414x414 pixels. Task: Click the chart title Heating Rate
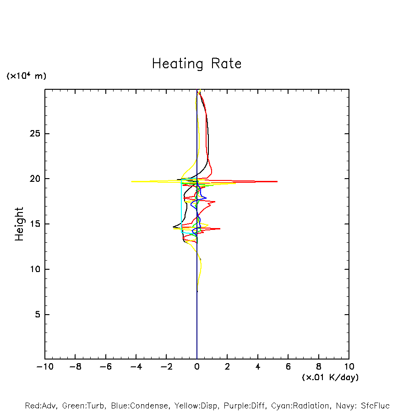[x=196, y=64]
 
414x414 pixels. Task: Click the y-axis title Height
[x=19, y=224]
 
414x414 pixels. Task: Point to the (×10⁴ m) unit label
[x=26, y=76]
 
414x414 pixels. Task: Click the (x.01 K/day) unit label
[x=330, y=377]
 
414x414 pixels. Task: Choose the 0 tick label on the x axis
[x=197, y=366]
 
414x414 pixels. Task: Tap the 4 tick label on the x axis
[x=258, y=366]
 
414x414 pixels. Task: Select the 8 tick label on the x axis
[x=319, y=366]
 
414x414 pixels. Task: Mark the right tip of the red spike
[x=277, y=182]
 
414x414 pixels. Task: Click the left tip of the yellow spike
[x=131, y=182]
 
